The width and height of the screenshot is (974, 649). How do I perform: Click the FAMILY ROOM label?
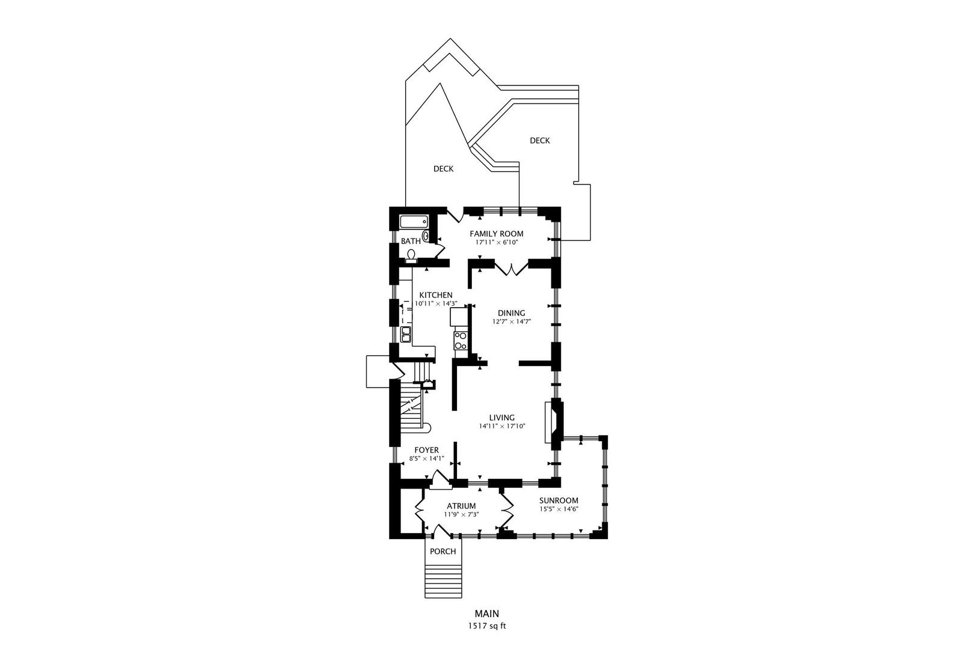496,234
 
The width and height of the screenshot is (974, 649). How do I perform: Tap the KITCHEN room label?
436,295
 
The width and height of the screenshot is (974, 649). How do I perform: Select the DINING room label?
511,313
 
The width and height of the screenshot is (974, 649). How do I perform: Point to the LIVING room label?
502,418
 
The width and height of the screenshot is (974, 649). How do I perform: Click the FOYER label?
426,450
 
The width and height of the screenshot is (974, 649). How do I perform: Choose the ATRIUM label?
461,506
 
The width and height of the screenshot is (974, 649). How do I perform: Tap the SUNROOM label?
559,501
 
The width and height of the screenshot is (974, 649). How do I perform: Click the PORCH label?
443,552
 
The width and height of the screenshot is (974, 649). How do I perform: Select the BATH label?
411,241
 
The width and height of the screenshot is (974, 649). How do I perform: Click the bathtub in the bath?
414,222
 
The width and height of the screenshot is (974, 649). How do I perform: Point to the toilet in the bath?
411,257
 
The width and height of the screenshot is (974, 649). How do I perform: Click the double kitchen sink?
102,335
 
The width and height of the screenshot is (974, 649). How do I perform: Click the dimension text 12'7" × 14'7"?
512,322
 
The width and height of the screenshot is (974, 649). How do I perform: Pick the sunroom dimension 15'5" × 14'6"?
559,510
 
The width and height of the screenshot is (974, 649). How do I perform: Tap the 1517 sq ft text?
487,626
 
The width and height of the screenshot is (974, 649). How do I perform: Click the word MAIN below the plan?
487,614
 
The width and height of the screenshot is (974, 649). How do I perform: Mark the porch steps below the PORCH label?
443,581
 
